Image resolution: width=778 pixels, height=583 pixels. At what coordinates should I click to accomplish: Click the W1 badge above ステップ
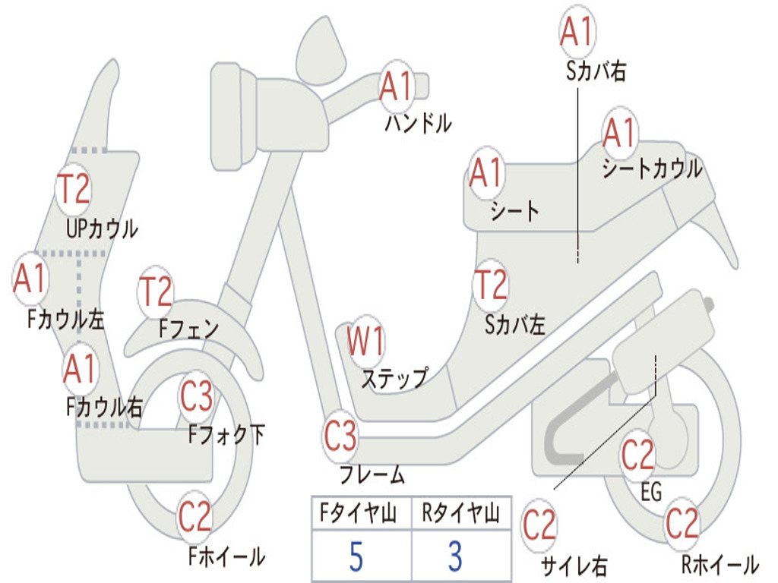[365, 341]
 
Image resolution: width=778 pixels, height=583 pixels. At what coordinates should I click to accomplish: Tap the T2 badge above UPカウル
[74, 188]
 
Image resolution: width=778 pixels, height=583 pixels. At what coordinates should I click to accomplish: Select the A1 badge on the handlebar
[396, 87]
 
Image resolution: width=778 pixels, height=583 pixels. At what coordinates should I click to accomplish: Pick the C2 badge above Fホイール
[195, 516]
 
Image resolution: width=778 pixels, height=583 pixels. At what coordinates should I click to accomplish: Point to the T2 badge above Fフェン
[156, 291]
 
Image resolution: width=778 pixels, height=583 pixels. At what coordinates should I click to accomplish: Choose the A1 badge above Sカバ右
[577, 31]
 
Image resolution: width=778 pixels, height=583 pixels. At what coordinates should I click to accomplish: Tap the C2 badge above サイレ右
[539, 525]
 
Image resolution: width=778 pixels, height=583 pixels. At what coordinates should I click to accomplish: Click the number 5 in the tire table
[356, 556]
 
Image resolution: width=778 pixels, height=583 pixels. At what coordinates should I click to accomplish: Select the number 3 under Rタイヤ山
[455, 556]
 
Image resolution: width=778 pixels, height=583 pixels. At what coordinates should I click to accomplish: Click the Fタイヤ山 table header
[358, 512]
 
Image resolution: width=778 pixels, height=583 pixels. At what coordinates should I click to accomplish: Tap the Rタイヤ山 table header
[460, 512]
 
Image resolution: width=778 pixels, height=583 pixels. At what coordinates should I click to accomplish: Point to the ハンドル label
[419, 123]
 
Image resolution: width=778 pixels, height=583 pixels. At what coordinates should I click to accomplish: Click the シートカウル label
[653, 169]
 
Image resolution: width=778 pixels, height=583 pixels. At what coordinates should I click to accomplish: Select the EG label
[651, 492]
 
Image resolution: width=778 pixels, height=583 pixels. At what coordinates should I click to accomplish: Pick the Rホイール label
[720, 564]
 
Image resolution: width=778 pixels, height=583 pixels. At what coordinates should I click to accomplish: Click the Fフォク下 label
[226, 434]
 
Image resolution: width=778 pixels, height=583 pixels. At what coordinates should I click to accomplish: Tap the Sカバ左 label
[514, 325]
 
